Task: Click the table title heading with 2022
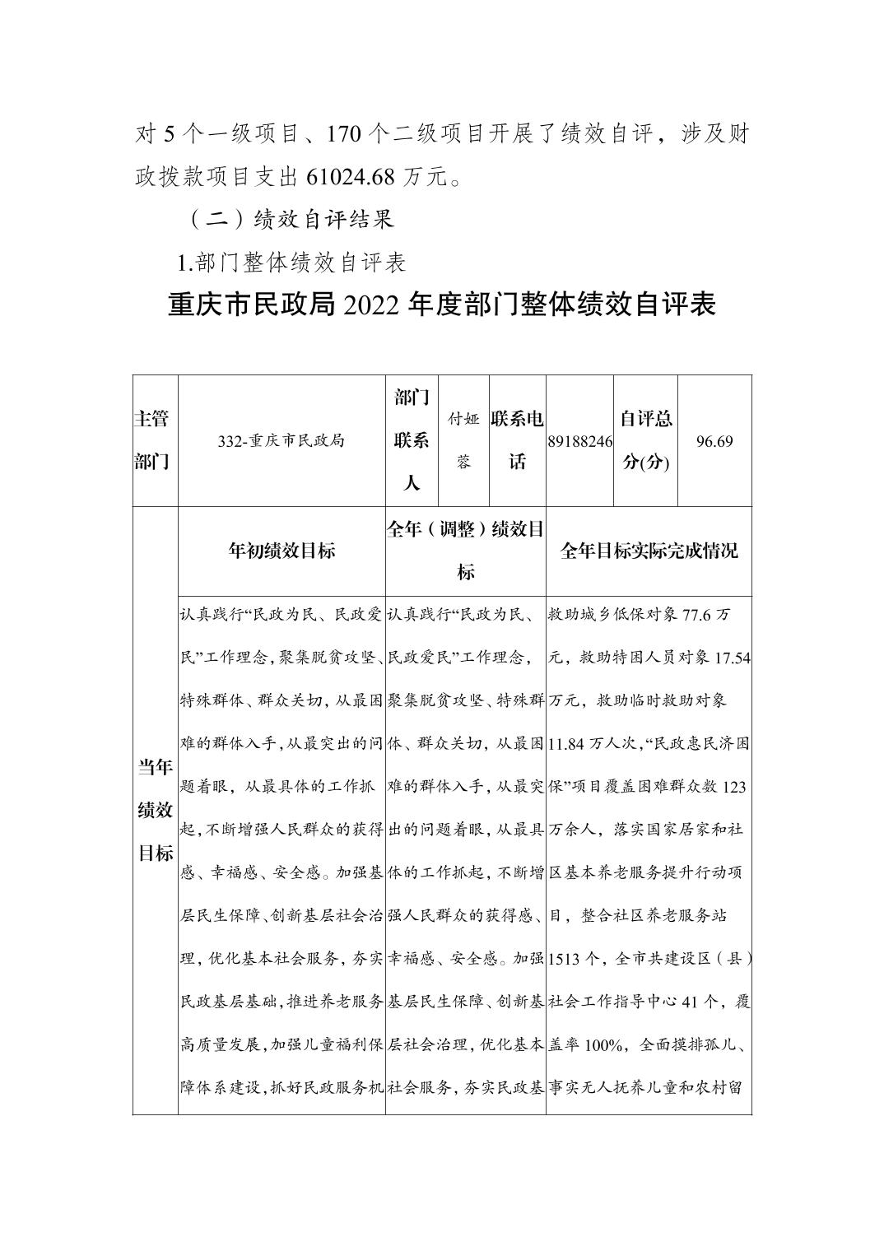point(442,305)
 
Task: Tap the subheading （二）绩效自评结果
point(291,219)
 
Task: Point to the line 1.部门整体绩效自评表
point(292,263)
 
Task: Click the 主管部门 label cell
point(155,440)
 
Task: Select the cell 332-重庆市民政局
point(281,440)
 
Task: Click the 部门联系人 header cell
point(412,440)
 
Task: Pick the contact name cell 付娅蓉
point(463,440)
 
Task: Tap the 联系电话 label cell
point(517,440)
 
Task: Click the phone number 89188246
point(579,441)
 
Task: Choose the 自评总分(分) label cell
point(645,440)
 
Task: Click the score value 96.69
point(714,441)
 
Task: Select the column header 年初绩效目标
point(281,551)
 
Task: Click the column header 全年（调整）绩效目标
point(465,551)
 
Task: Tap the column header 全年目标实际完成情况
point(649,551)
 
